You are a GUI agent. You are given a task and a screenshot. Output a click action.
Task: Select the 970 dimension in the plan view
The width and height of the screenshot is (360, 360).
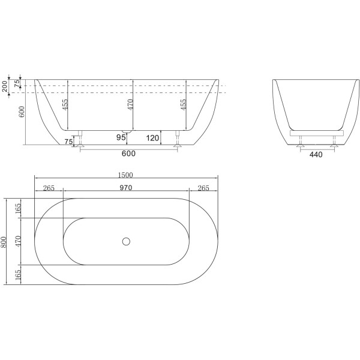click(126, 188)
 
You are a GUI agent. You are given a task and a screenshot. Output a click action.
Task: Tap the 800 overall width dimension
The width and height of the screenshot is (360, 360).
click(4, 241)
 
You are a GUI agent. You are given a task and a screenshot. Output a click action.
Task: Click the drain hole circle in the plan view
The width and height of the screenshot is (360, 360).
click(126, 241)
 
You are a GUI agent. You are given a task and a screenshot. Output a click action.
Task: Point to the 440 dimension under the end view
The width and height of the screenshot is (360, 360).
click(316, 154)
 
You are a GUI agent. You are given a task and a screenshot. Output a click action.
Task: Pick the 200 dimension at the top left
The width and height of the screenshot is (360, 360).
click(4, 86)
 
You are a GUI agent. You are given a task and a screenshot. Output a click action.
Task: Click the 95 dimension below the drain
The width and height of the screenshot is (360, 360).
click(121, 138)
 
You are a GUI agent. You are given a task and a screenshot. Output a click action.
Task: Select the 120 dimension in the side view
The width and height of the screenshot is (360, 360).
click(152, 138)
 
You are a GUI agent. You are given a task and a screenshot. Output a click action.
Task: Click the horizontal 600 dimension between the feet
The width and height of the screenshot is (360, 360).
click(128, 154)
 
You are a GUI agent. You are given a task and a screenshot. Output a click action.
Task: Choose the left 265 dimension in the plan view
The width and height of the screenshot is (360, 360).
click(49, 188)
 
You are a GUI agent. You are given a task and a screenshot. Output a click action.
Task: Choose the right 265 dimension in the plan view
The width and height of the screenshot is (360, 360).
click(203, 188)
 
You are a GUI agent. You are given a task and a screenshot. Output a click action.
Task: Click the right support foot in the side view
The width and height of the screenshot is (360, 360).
click(177, 142)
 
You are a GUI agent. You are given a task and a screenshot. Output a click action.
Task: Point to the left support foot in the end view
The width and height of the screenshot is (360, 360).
click(300, 143)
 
